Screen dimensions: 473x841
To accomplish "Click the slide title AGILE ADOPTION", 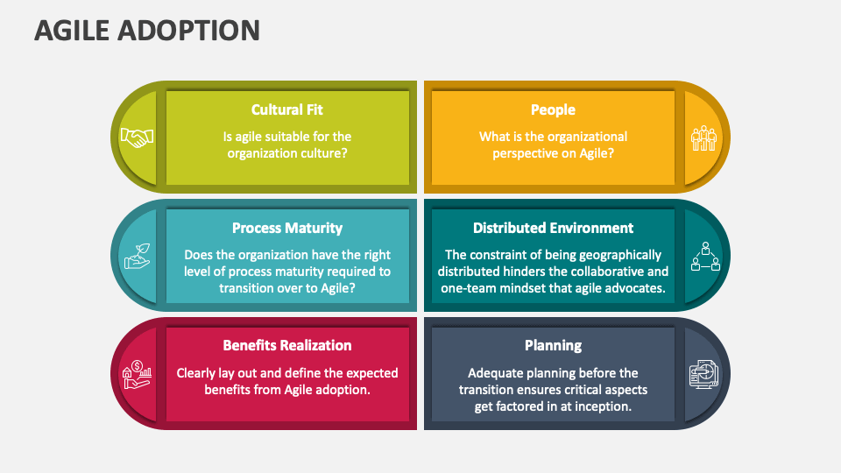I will click(147, 30).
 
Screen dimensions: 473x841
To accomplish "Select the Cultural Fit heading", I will click(287, 109).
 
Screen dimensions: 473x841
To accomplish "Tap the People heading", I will click(553, 109).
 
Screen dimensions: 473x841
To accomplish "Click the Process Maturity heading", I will click(287, 228).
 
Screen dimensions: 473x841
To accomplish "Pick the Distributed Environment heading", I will click(553, 228).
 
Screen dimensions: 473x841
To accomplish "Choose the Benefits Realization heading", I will click(287, 345).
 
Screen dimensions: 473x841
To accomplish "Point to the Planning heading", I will click(553, 345).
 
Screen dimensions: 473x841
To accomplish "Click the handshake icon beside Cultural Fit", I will click(137, 138).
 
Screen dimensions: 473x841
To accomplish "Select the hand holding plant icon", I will click(137, 255).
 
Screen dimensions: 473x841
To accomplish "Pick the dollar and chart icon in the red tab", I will click(137, 373).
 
